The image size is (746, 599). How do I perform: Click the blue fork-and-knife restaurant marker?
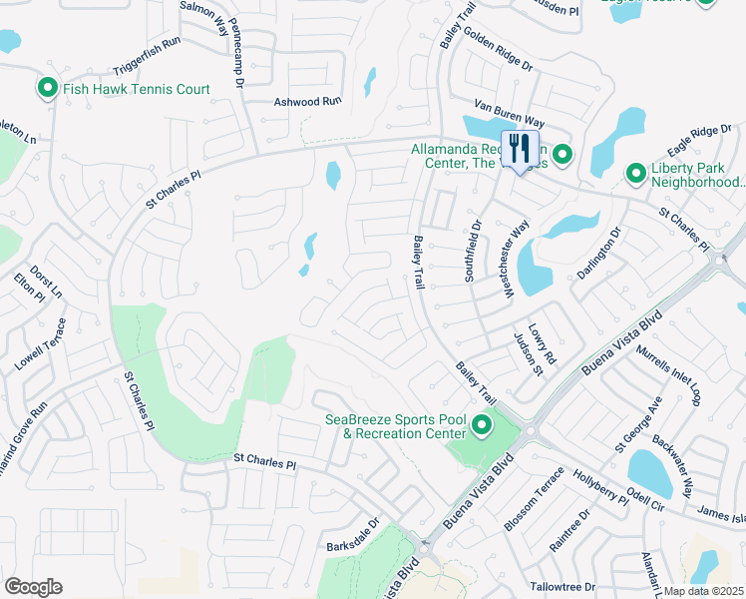pyautogui.click(x=519, y=150)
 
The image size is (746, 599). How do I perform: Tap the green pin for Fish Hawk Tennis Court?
pyautogui.click(x=47, y=89)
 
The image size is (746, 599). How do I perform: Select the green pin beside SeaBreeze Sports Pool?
pyautogui.click(x=482, y=426)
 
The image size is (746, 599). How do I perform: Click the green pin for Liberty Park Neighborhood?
pyautogui.click(x=635, y=174)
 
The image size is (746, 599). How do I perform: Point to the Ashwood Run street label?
pyautogui.click(x=308, y=102)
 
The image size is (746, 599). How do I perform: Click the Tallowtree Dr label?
pyautogui.click(x=562, y=587)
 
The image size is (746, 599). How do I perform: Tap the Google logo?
pyautogui.click(x=33, y=587)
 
